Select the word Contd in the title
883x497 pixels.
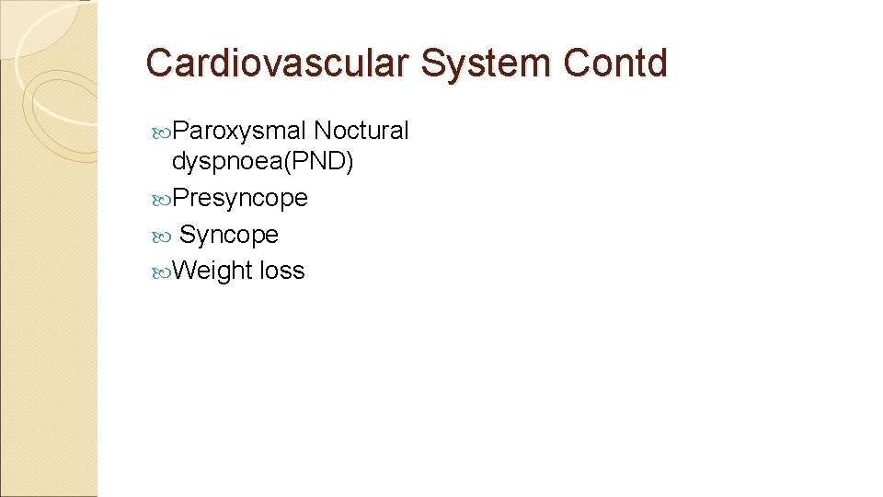[616, 63]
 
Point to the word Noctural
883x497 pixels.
[361, 131]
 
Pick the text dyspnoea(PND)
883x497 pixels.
[262, 162]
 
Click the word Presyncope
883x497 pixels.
[239, 198]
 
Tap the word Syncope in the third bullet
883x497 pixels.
[229, 235]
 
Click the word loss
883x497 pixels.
[282, 271]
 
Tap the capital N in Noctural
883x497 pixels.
[322, 131]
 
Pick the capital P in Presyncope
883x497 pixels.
[180, 198]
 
